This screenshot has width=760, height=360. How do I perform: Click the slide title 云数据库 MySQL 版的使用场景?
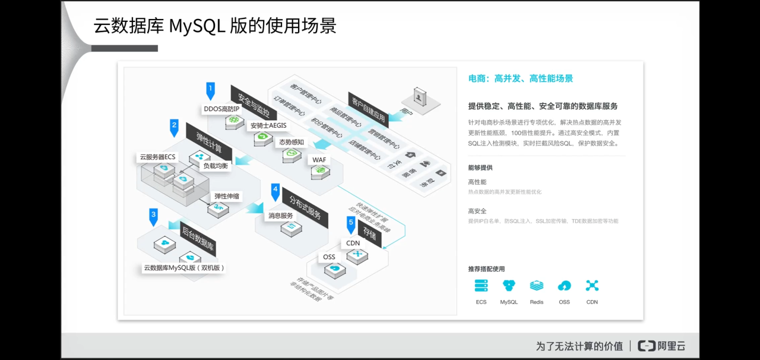[215, 26]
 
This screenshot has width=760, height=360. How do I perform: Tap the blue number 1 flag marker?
[210, 90]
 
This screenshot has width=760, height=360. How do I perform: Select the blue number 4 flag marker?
[275, 191]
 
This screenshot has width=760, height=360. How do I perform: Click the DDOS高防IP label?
[221, 109]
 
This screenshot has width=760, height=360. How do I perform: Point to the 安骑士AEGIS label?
[268, 125]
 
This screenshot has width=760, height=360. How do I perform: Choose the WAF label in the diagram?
[319, 160]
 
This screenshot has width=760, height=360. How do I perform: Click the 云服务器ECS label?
[158, 157]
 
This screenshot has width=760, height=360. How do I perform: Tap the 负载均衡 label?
[216, 166]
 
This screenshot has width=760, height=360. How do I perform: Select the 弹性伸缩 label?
[228, 196]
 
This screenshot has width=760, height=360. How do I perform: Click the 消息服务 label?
[281, 216]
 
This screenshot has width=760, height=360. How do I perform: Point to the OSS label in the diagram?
[329, 257]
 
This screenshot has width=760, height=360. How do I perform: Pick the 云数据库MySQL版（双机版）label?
[184, 268]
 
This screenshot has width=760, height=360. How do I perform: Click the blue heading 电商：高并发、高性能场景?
[521, 78]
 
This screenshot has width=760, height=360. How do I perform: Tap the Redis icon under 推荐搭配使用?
[537, 286]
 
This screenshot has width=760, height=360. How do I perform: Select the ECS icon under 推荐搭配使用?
[481, 286]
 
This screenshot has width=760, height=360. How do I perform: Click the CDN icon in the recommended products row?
[592, 286]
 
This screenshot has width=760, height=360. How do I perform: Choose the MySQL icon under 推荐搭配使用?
[509, 286]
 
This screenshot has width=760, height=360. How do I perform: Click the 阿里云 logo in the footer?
[661, 346]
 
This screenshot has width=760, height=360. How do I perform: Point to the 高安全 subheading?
[477, 211]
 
